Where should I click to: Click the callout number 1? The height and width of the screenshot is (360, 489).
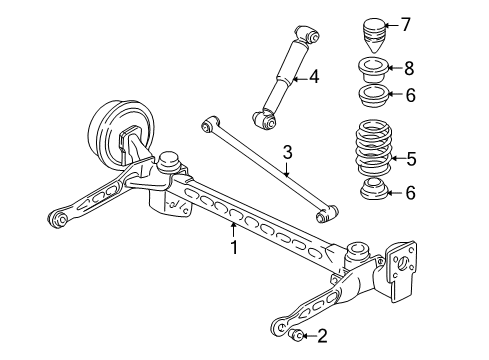click(x=234, y=247)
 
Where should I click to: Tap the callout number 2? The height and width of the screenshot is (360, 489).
click(x=322, y=336)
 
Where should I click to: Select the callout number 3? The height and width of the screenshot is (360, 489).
click(x=287, y=152)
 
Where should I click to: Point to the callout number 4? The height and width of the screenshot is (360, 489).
click(x=314, y=77)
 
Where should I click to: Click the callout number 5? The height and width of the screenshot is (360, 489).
click(x=412, y=159)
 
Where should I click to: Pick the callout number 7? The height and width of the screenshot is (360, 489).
click(x=405, y=25)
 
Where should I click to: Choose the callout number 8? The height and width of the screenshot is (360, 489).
click(x=409, y=68)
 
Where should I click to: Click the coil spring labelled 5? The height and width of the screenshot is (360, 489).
click(x=374, y=147)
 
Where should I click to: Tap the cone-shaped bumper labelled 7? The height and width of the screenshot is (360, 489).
click(x=374, y=35)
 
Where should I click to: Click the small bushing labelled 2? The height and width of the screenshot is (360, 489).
click(x=296, y=335)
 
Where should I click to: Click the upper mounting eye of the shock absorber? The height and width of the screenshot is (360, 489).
click(x=308, y=34)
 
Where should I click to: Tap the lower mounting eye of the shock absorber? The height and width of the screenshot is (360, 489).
click(x=264, y=120)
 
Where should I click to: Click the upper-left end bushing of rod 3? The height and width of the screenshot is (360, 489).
click(x=210, y=124)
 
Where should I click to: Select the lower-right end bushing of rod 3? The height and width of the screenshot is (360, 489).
click(x=326, y=214)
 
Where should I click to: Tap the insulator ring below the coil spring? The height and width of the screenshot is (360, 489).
click(x=374, y=189)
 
